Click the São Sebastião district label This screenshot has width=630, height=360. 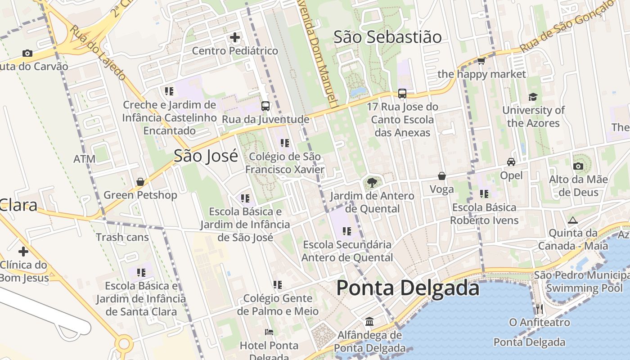point(387,37)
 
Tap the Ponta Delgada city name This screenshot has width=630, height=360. point(408,288)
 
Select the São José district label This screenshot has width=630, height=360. point(206,156)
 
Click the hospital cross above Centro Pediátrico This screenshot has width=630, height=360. point(235,37)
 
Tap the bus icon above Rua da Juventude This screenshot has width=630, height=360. point(265,106)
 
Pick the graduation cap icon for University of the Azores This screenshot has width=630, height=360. point(533,97)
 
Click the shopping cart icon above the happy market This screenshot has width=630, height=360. point(481,61)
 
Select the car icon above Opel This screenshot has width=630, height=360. point(511,162)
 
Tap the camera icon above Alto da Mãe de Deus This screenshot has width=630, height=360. point(578,166)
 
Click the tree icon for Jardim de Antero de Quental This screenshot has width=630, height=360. point(372,183)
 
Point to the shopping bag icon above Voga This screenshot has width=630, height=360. point(442,176)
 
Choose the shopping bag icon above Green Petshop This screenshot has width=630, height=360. point(140,182)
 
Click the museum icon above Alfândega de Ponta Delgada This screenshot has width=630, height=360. point(369,322)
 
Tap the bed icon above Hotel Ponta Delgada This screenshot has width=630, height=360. point(269,332)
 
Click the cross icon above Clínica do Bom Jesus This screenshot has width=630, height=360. point(23,252)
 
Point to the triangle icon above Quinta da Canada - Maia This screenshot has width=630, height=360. point(572,220)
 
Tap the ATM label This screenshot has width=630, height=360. point(85,159)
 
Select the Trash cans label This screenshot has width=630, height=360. point(122,237)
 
